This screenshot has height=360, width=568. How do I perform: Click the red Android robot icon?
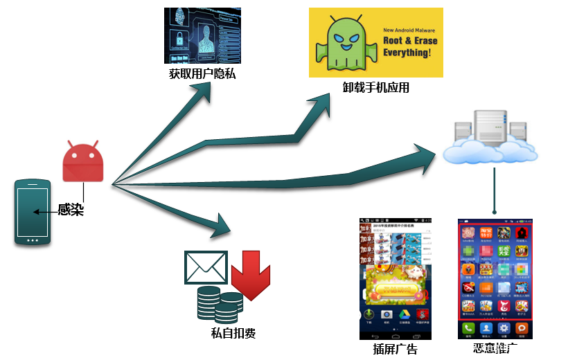point(82,163)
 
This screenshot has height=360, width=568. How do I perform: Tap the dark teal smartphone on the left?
point(33,212)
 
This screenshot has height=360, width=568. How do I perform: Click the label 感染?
point(71,210)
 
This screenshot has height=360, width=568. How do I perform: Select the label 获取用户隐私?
point(202,73)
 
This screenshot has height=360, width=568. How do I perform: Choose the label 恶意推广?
point(496,348)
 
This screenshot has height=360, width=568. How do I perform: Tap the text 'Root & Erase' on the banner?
point(411,41)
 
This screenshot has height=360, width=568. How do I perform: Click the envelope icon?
point(206,267)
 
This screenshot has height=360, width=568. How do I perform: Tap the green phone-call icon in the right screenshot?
point(470,327)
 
